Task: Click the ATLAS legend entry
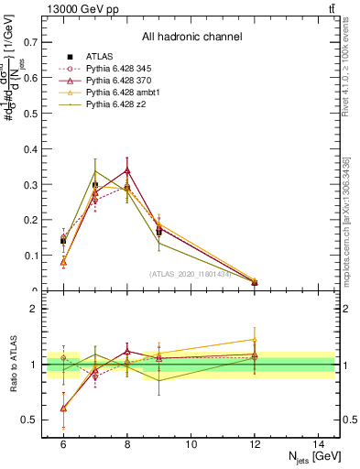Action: point(98,57)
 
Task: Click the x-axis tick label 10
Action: point(191,444)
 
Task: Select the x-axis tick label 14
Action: point(319,444)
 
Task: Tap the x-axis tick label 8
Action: point(126,444)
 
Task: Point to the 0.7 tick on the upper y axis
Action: point(30,42)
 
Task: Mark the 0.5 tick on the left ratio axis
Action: point(30,420)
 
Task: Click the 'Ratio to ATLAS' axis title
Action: point(12,365)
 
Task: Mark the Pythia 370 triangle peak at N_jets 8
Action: point(126,170)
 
